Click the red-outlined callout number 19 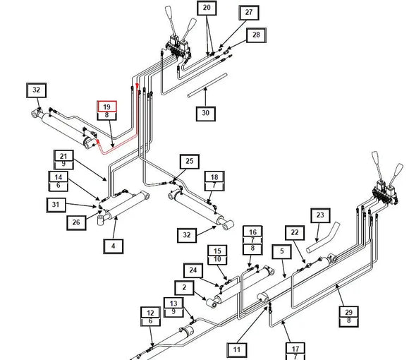point(106,107)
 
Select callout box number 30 point(206,114)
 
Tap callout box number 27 point(249,13)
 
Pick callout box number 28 point(256,35)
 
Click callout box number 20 point(207,8)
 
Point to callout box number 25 point(190,162)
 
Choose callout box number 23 point(320,215)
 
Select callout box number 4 point(114,246)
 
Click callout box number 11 point(236,350)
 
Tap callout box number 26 point(76,222)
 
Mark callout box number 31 point(56,205)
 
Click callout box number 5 point(281,251)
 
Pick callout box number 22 point(295,233)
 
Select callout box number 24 point(193,270)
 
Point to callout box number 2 point(185,288)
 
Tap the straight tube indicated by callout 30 point(207,85)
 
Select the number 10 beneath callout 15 point(217,260)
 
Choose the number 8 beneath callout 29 point(349,320)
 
